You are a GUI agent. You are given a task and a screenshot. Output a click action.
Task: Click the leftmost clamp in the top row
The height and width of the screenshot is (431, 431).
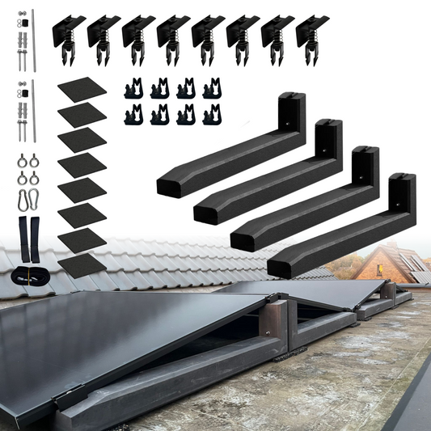point(69,34)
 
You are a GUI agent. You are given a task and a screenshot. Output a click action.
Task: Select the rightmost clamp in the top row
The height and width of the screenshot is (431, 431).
point(312,34)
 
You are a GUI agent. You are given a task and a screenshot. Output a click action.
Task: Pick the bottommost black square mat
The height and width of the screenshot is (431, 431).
point(82,264)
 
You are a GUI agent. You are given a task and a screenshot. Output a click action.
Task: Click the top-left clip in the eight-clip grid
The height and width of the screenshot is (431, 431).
point(134,88)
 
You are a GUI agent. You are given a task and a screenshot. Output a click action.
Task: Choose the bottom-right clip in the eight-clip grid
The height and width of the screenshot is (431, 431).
point(211,114)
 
